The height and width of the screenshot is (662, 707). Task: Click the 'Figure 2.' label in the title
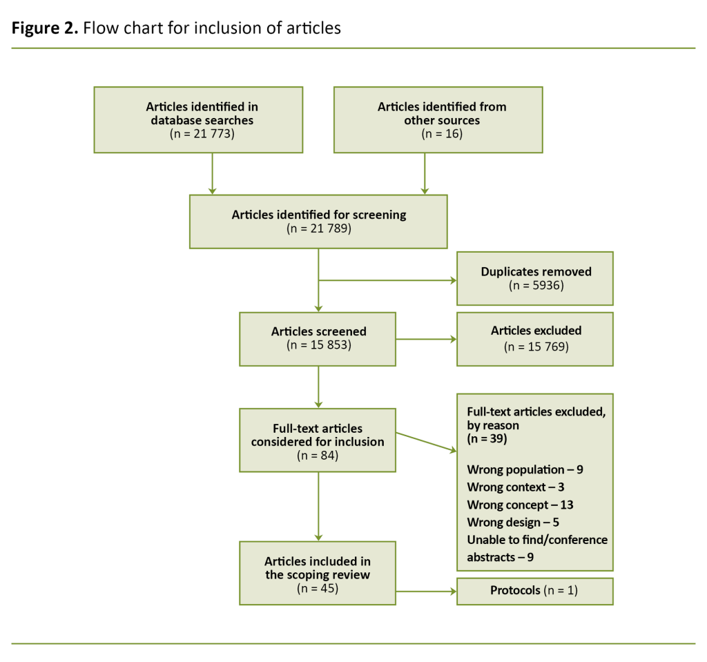coord(44,29)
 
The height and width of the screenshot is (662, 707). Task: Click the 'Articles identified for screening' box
coord(318,222)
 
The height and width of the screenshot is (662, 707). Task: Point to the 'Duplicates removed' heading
coord(536,271)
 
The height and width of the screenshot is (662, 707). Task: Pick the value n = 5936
coord(536,285)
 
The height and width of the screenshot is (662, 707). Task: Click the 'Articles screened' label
coord(318,331)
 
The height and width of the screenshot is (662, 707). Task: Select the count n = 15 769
coord(536,346)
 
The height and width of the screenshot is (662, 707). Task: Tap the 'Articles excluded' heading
coord(536,331)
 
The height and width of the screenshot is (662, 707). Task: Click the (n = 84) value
coord(318,456)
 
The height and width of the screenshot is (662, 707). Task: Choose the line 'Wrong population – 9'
coord(525,470)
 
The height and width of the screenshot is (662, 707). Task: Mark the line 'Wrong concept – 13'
coord(520,505)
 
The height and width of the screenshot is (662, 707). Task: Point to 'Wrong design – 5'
coord(512,522)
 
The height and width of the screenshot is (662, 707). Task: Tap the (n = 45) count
coord(318,589)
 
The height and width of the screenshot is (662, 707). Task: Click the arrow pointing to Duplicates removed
coord(387,281)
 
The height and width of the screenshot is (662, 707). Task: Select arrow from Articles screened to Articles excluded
coord(425,339)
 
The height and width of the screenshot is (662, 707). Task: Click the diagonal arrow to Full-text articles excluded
coord(425,442)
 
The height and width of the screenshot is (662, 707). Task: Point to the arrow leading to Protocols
coord(425,591)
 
